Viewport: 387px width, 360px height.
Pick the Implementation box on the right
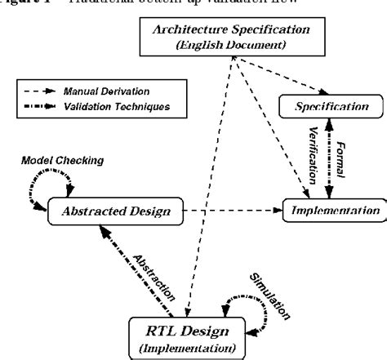331,210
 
